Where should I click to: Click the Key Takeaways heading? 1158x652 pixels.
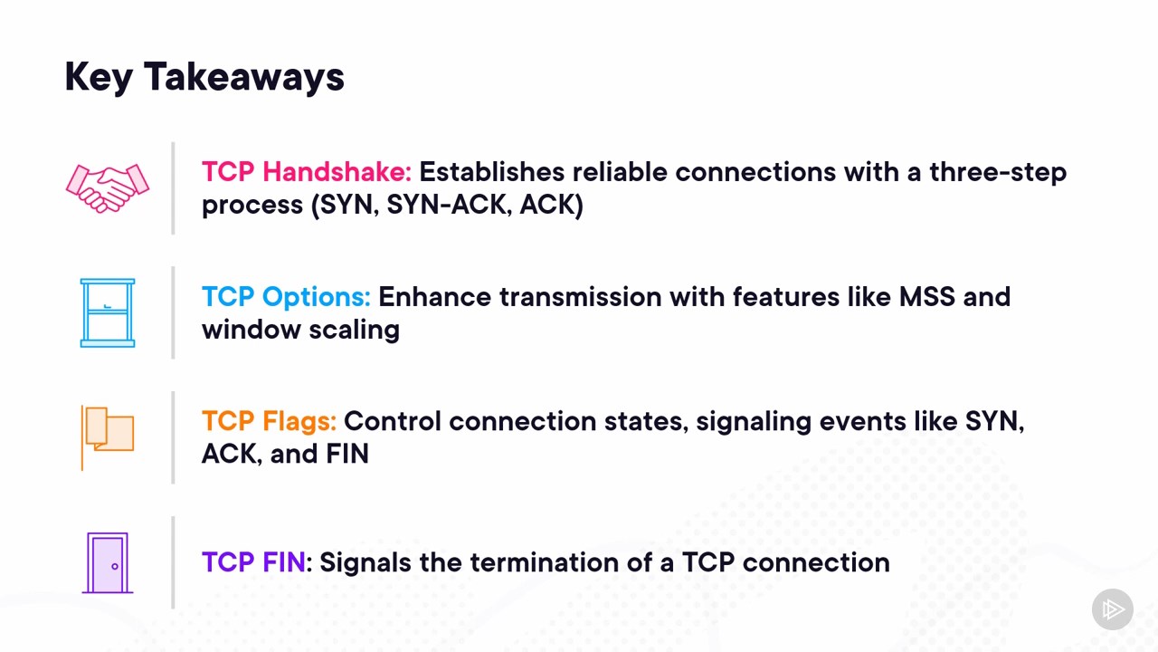pyautogui.click(x=204, y=78)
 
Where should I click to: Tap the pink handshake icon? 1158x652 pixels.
pyautogui.click(x=108, y=188)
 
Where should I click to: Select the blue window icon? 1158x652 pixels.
pyautogui.click(x=108, y=312)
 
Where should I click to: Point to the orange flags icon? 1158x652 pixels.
pyautogui.click(x=108, y=437)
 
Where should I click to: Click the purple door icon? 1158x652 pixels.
pyautogui.click(x=108, y=563)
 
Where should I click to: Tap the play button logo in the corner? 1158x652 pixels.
pyautogui.click(x=1113, y=609)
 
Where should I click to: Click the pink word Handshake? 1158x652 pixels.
pyautogui.click(x=337, y=172)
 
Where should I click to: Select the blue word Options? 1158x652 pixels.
pyautogui.click(x=317, y=297)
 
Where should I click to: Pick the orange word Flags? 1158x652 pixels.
pyautogui.click(x=299, y=422)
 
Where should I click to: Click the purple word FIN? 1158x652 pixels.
pyautogui.click(x=284, y=562)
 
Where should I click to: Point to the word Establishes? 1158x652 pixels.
pyautogui.click(x=491, y=172)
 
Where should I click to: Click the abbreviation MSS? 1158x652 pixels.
pyautogui.click(x=927, y=297)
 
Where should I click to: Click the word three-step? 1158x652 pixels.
pyautogui.click(x=998, y=172)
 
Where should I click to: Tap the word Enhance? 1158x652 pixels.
pyautogui.click(x=435, y=297)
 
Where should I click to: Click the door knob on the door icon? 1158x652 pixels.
pyautogui.click(x=115, y=567)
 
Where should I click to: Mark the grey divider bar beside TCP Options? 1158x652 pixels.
pyautogui.click(x=173, y=312)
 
